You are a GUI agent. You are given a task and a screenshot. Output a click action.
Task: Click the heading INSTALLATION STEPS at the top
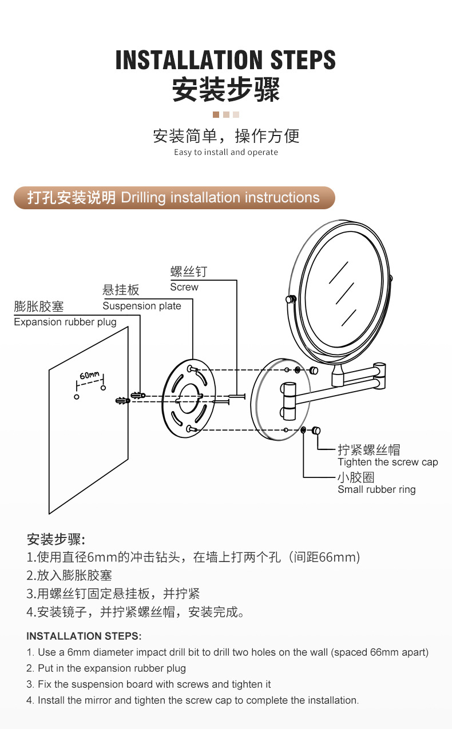coord(225,60)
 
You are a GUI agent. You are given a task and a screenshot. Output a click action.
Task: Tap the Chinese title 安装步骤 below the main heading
coord(225,89)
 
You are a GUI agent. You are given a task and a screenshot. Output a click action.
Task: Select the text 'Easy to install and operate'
coord(226,152)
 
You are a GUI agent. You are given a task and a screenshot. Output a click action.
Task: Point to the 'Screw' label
coord(184,287)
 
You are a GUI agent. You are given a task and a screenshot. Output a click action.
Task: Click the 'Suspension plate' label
coord(142,306)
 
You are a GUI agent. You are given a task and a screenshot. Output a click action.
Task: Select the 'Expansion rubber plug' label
coord(65,322)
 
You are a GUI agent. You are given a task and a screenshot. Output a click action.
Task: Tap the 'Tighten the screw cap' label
coord(387,462)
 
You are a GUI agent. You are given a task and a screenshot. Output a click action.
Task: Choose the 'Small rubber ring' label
coord(376,489)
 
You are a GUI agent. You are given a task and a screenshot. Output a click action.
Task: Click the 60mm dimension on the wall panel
coord(89,376)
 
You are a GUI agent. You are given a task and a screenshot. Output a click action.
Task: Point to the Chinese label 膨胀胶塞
coord(39,306)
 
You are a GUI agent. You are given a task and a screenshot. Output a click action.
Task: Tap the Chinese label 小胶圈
coord(356,477)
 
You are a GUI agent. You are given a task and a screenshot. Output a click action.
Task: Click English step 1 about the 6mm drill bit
coord(227,652)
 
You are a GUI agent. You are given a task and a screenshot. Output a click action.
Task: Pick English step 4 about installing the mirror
coord(192,700)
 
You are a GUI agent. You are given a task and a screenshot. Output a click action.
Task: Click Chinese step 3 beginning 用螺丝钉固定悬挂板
coord(113,593)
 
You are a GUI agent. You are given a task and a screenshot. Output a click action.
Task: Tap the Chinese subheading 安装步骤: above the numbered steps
coord(56,539)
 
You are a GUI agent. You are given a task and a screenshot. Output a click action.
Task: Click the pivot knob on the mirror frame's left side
coord(290,298)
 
